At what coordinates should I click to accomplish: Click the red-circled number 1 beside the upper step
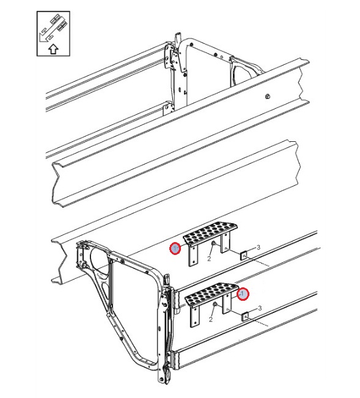[175, 248]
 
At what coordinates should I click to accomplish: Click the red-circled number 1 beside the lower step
[243, 294]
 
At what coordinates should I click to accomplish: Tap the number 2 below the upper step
[209, 259]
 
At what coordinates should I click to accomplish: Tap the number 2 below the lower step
[211, 319]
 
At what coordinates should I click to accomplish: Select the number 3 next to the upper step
[259, 247]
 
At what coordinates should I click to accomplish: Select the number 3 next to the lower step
[260, 308]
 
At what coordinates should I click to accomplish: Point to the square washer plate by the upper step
[243, 256]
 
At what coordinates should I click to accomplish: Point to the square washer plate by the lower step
[245, 317]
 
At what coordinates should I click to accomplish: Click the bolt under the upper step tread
[213, 244]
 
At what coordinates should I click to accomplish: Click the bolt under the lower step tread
[215, 304]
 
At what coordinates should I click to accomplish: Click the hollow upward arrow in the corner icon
[53, 49]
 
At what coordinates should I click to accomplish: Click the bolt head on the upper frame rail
[267, 96]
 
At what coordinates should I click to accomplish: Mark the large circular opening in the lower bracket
[100, 262]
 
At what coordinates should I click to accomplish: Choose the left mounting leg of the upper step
[193, 255]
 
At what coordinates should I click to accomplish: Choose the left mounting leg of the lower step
[195, 316]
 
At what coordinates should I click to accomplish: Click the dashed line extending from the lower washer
[259, 322]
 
